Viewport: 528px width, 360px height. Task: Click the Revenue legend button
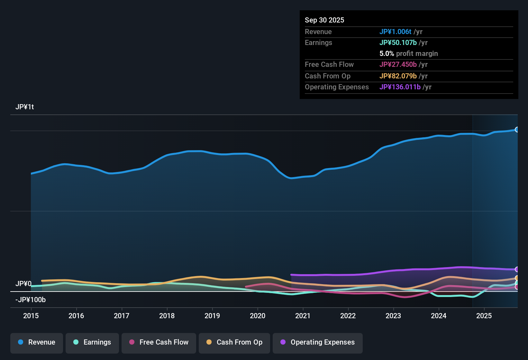[37, 342]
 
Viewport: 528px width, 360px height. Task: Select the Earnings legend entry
[92, 342]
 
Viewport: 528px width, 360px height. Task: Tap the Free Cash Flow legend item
[159, 342]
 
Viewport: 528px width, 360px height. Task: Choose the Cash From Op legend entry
[234, 342]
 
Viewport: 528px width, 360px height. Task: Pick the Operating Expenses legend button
[318, 342]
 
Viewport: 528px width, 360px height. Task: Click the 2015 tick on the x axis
[31, 316]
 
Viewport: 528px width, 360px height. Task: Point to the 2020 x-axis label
[258, 316]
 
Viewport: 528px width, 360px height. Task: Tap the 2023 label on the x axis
[393, 316]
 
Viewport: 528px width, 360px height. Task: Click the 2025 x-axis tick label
[484, 316]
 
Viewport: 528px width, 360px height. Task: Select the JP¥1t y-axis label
[25, 107]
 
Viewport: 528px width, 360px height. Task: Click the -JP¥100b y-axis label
[31, 300]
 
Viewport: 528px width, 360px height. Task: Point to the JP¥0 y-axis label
[23, 283]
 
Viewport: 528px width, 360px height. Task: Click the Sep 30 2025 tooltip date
[324, 20]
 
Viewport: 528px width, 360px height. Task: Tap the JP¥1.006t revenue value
[395, 32]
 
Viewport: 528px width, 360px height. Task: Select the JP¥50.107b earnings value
[398, 42]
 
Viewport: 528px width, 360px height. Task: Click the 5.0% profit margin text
[409, 53]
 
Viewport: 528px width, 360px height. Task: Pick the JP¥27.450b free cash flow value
[398, 64]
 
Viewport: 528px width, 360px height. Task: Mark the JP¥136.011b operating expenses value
[400, 87]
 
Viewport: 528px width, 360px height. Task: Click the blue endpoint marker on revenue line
[517, 130]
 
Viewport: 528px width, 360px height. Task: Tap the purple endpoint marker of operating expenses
[517, 269]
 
